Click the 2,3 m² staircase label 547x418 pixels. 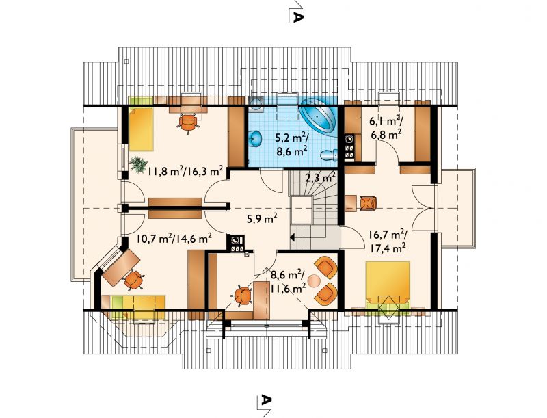(x=320, y=178)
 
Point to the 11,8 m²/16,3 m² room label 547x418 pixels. (x=185, y=171)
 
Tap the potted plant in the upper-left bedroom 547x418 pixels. (x=139, y=164)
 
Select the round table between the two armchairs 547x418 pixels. (x=315, y=280)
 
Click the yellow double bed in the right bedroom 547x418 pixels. (x=387, y=283)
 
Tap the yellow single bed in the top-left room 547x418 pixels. (x=141, y=129)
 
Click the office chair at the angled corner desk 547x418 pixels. (x=133, y=280)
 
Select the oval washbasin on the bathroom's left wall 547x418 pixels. (x=256, y=138)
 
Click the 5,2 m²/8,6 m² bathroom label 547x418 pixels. (x=291, y=144)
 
